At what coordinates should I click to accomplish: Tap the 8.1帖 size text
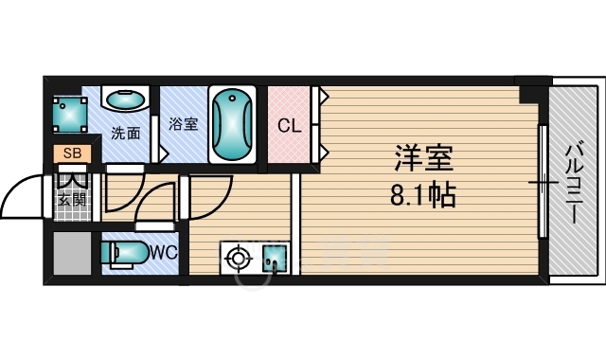pyautogui.click(x=423, y=195)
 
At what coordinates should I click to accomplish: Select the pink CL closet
pyautogui.click(x=290, y=124)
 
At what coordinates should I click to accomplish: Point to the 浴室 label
pyautogui.click(x=183, y=124)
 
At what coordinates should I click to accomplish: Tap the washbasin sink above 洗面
pyautogui.click(x=124, y=99)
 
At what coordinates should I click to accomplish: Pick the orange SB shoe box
pyautogui.click(x=72, y=153)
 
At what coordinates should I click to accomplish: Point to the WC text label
pyautogui.click(x=164, y=253)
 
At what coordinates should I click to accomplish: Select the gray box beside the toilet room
pyautogui.click(x=71, y=254)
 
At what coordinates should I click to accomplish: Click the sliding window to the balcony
pyautogui.click(x=543, y=180)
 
